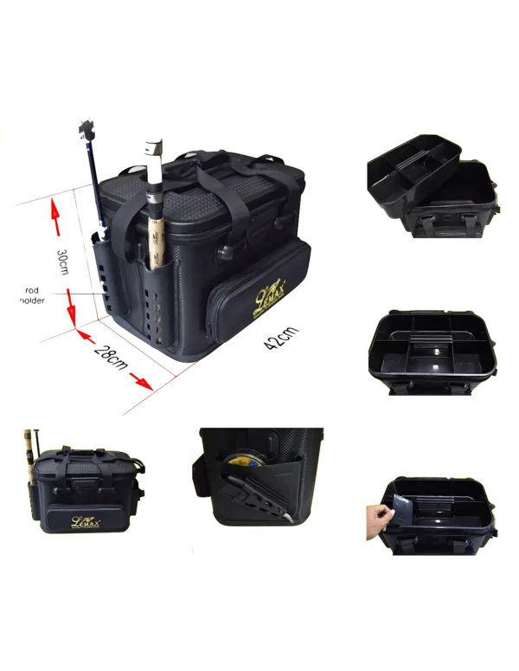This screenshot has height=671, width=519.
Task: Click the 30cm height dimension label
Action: (x=63, y=261)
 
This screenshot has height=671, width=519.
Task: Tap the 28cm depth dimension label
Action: (x=111, y=357)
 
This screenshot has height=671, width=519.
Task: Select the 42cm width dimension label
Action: (x=280, y=337)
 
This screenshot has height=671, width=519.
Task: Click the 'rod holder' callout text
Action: (x=32, y=296)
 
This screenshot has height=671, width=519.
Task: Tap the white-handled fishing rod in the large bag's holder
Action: (x=154, y=203)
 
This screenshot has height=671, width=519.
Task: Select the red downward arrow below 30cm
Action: (x=72, y=308)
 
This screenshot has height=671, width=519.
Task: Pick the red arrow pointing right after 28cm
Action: (x=142, y=381)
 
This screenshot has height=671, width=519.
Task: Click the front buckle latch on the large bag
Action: (x=225, y=253)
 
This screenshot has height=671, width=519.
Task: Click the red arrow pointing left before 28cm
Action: (x=86, y=336)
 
